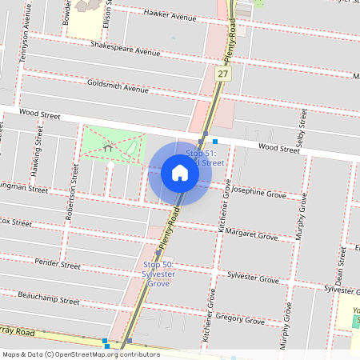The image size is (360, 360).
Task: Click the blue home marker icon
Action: pos(180,173)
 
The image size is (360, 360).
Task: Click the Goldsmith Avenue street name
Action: pos(118,86)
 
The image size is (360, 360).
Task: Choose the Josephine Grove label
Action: pos(258,193)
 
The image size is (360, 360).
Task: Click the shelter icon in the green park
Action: pos(108,147)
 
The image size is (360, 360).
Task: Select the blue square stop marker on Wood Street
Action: pos(215,141)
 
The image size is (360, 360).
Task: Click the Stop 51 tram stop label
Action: pos(204,157)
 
